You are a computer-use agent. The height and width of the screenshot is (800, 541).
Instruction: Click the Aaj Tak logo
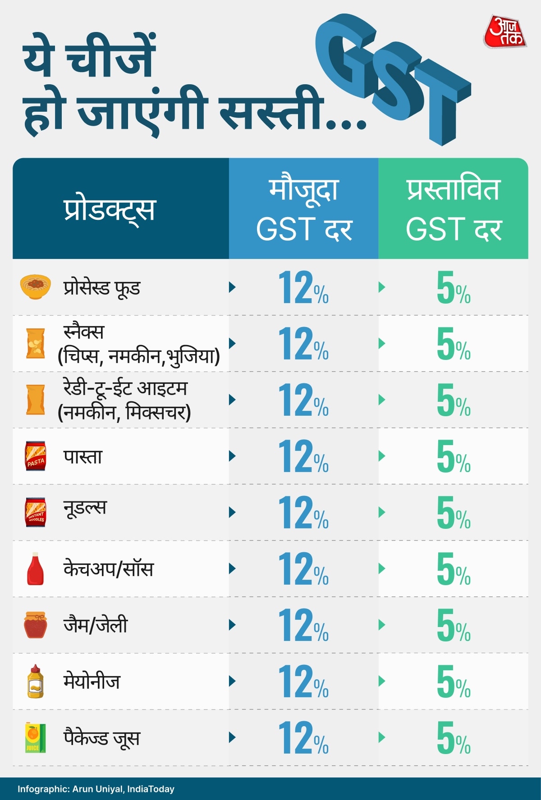coord(505,32)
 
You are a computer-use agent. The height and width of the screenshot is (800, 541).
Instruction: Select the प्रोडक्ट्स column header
coord(110,209)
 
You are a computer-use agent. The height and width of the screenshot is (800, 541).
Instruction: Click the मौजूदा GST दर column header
coord(303,209)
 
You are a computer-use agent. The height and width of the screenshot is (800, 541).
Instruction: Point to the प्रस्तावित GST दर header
coord(453,209)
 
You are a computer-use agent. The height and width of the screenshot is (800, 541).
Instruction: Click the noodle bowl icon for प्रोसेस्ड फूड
coord(35,287)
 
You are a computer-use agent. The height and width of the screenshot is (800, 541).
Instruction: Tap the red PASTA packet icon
coord(35,456)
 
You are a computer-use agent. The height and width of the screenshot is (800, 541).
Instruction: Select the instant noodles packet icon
coord(35,512)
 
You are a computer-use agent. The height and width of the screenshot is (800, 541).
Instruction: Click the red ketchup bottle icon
coord(35,568)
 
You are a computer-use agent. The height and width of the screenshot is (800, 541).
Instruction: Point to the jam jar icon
coord(35,625)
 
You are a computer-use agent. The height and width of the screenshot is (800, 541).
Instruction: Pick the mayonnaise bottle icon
coord(35,681)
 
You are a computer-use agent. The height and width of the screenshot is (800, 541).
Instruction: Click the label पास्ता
coord(83,456)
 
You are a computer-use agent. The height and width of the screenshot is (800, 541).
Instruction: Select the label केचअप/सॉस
coord(109,568)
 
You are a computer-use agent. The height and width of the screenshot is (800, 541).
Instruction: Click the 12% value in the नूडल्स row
coord(303,513)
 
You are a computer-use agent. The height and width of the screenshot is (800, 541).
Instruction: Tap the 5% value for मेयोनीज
coord(453,682)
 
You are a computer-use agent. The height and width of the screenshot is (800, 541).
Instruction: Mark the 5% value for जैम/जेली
coord(453,625)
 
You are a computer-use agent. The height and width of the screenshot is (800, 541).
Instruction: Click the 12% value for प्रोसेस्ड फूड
coord(303,287)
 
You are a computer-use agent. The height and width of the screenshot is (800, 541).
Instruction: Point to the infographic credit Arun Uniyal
coord(97,789)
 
